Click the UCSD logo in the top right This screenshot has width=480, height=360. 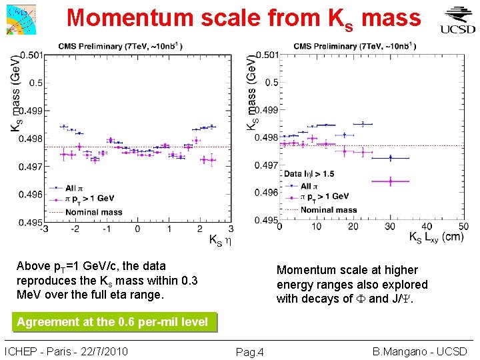click(457, 19)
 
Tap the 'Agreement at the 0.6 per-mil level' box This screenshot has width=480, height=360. click(112, 322)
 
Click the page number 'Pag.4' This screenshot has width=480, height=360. click(250, 352)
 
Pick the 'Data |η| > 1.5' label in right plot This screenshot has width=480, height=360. click(309, 173)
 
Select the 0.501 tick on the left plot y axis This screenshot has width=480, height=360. click(32, 55)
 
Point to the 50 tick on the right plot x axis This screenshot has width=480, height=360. click(463, 227)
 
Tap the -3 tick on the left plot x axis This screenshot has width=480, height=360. click(44, 229)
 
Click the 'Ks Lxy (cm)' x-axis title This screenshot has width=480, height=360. click(435, 237)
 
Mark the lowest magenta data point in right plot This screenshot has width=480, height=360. click(390, 181)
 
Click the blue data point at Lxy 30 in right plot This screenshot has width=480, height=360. click(390, 158)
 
